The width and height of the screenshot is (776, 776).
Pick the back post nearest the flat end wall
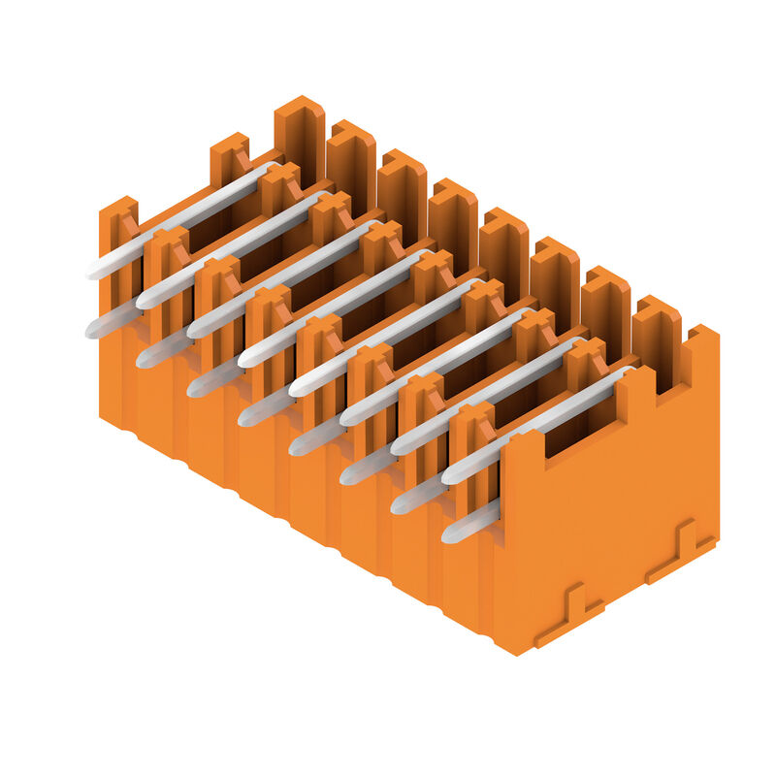tap(657, 335)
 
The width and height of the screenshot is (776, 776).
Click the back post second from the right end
tap(605, 306)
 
